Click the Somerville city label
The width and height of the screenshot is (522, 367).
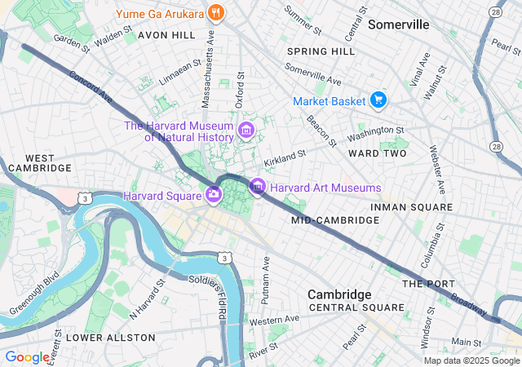coord(398,24)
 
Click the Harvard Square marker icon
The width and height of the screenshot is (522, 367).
coord(213,194)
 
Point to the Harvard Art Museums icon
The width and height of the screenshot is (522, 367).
coord(258,188)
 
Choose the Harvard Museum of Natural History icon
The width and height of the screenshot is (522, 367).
coord(246,130)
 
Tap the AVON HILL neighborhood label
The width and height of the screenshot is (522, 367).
coord(166,36)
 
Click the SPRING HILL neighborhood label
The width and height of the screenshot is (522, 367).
coord(321,51)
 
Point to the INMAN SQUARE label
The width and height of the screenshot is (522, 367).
coord(410,207)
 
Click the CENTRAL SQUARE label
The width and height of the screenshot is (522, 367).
coord(356,307)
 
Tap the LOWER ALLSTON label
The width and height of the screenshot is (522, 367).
coord(110,337)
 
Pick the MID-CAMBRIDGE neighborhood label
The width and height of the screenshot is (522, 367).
coord(325,220)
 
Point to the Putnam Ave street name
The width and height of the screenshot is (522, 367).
coord(265,281)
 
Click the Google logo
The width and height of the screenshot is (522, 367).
coord(27,356)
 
